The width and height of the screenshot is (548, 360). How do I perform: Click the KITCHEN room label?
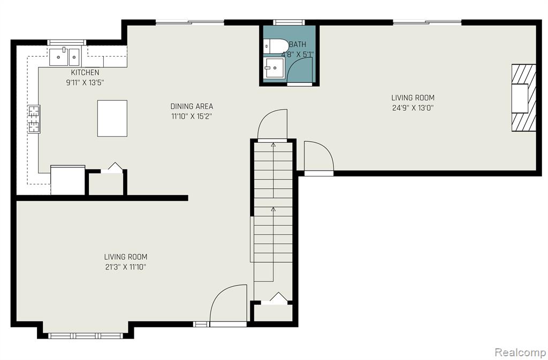tap(85, 73)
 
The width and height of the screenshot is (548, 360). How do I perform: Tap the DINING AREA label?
tap(192, 106)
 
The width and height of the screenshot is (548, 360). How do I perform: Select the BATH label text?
tap(298, 44)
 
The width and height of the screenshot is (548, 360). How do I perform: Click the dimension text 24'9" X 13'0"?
tap(413, 108)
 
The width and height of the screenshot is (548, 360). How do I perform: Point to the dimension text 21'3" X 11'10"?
tap(125, 267)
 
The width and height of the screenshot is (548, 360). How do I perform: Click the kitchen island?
tap(112, 118)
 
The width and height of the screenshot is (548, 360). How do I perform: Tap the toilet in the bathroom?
tap(276, 47)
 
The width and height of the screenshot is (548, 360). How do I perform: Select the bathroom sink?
tap(274, 67)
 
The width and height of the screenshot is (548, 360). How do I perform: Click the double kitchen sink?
tap(64, 57)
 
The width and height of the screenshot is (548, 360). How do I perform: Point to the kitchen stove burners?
tap(34, 119)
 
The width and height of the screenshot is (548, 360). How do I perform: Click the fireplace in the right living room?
tap(524, 98)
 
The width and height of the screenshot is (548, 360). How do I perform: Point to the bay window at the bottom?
tap(86, 336)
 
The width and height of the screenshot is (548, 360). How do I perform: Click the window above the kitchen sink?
tap(67, 42)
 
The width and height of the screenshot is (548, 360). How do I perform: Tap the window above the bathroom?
tap(289, 22)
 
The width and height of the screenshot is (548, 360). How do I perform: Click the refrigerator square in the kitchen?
tap(68, 180)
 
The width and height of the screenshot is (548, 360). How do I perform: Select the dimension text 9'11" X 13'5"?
tap(85, 83)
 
